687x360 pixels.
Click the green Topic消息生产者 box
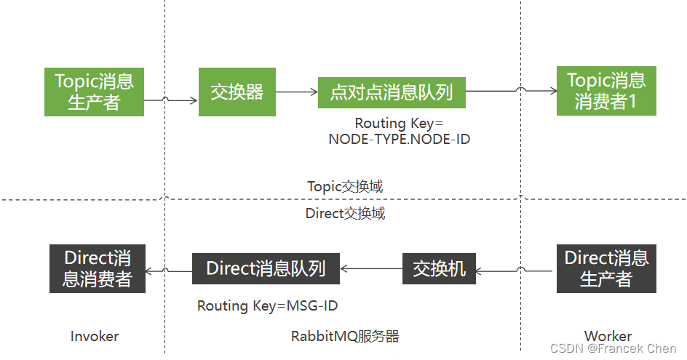pyautogui.click(x=94, y=91)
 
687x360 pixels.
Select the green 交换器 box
pyautogui.click(x=237, y=92)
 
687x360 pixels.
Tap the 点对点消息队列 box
pyautogui.click(x=392, y=92)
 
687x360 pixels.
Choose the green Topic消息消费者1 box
pyautogui.click(x=606, y=91)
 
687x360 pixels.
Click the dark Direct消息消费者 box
pyautogui.click(x=98, y=268)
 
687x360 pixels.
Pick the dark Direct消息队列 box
pyautogui.click(x=266, y=268)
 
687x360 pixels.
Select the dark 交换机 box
pyautogui.click(x=439, y=268)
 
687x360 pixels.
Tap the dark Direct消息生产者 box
pyautogui.click(x=606, y=268)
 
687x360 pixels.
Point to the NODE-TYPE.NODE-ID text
pyautogui.click(x=399, y=139)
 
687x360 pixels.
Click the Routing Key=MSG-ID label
pyautogui.click(x=267, y=306)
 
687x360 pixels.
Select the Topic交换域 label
pyautogui.click(x=345, y=186)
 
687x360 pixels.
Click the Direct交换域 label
pyautogui.click(x=345, y=213)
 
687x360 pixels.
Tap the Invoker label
pyautogui.click(x=95, y=336)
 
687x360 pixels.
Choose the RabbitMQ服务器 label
pyautogui.click(x=345, y=336)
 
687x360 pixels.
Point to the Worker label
pyautogui.click(x=608, y=336)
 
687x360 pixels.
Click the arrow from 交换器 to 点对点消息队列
pyautogui.click(x=297, y=92)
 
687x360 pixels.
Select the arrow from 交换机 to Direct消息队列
pyautogui.click(x=371, y=269)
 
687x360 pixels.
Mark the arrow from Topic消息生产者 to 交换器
pyautogui.click(x=172, y=100)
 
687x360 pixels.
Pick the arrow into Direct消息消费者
pyautogui.click(x=169, y=271)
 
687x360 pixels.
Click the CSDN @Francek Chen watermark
pyautogui.click(x=613, y=348)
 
